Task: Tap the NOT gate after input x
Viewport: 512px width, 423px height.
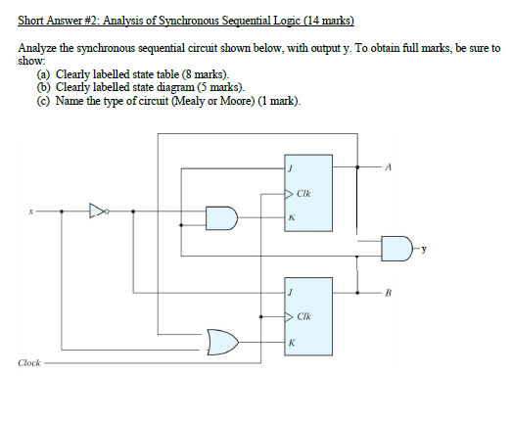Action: (97, 210)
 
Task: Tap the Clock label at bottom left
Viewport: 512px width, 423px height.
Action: (29, 363)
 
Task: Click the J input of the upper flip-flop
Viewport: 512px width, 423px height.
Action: (289, 167)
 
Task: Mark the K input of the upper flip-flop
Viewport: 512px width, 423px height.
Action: (289, 218)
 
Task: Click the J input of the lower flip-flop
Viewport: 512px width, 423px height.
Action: (289, 291)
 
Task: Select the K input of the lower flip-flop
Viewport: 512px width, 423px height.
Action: (289, 343)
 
